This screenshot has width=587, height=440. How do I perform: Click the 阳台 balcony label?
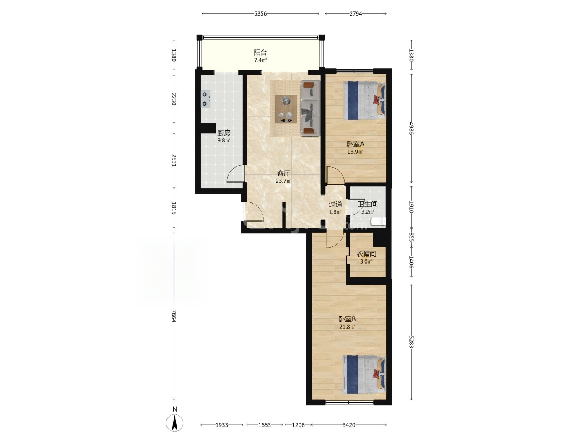[x=260, y=52]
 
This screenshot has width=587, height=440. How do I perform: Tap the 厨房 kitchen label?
[x=223, y=133]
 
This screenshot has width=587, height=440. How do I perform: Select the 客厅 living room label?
[x=283, y=173]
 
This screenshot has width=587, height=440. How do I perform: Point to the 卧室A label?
[x=355, y=144]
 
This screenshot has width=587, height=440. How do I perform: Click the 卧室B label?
[x=347, y=319]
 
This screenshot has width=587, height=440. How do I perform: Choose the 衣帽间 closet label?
[x=366, y=254]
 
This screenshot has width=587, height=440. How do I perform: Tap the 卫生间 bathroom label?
[x=368, y=204]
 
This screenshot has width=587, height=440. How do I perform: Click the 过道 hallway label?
[x=335, y=204]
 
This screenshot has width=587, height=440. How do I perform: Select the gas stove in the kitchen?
[x=205, y=98]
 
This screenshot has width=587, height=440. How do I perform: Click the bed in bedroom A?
[x=364, y=101]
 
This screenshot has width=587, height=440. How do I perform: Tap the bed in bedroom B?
[x=364, y=375]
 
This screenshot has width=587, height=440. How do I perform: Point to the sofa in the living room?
[x=311, y=108]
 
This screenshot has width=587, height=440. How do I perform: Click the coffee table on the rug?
[x=286, y=109]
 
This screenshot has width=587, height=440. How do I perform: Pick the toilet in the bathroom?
[x=378, y=222]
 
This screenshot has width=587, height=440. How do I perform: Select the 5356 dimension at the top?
[x=260, y=14]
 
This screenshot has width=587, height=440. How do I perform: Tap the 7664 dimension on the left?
[x=174, y=316]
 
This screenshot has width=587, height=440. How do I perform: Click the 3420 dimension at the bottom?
[x=349, y=425]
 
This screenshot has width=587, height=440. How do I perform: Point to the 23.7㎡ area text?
[x=283, y=181]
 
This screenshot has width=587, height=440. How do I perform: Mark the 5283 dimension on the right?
[x=411, y=342]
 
